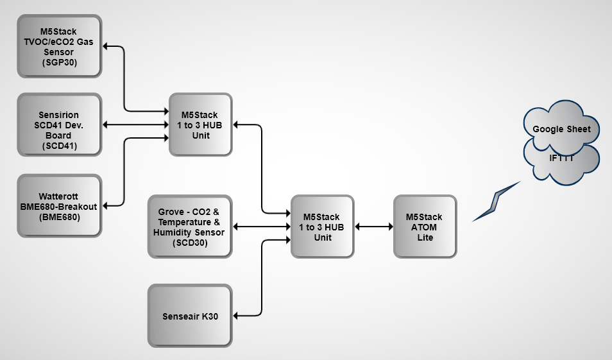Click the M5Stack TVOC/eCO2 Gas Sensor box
(x=59, y=46)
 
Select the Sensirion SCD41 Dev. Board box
(x=59, y=125)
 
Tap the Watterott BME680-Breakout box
(x=59, y=206)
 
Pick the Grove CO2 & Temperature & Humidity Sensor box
(x=189, y=227)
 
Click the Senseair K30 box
(x=189, y=316)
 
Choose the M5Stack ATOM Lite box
(x=424, y=227)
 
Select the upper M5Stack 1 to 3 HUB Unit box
(x=200, y=125)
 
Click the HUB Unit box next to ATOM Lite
(x=322, y=227)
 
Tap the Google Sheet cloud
(x=561, y=129)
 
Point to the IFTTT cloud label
(x=561, y=158)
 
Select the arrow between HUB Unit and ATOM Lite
(x=373, y=227)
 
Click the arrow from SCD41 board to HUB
(x=135, y=124)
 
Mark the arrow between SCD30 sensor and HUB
(x=262, y=227)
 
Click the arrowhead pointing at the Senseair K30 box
(x=237, y=316)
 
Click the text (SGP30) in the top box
(x=59, y=63)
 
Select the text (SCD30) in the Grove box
(x=189, y=243)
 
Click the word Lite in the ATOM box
(x=424, y=237)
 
